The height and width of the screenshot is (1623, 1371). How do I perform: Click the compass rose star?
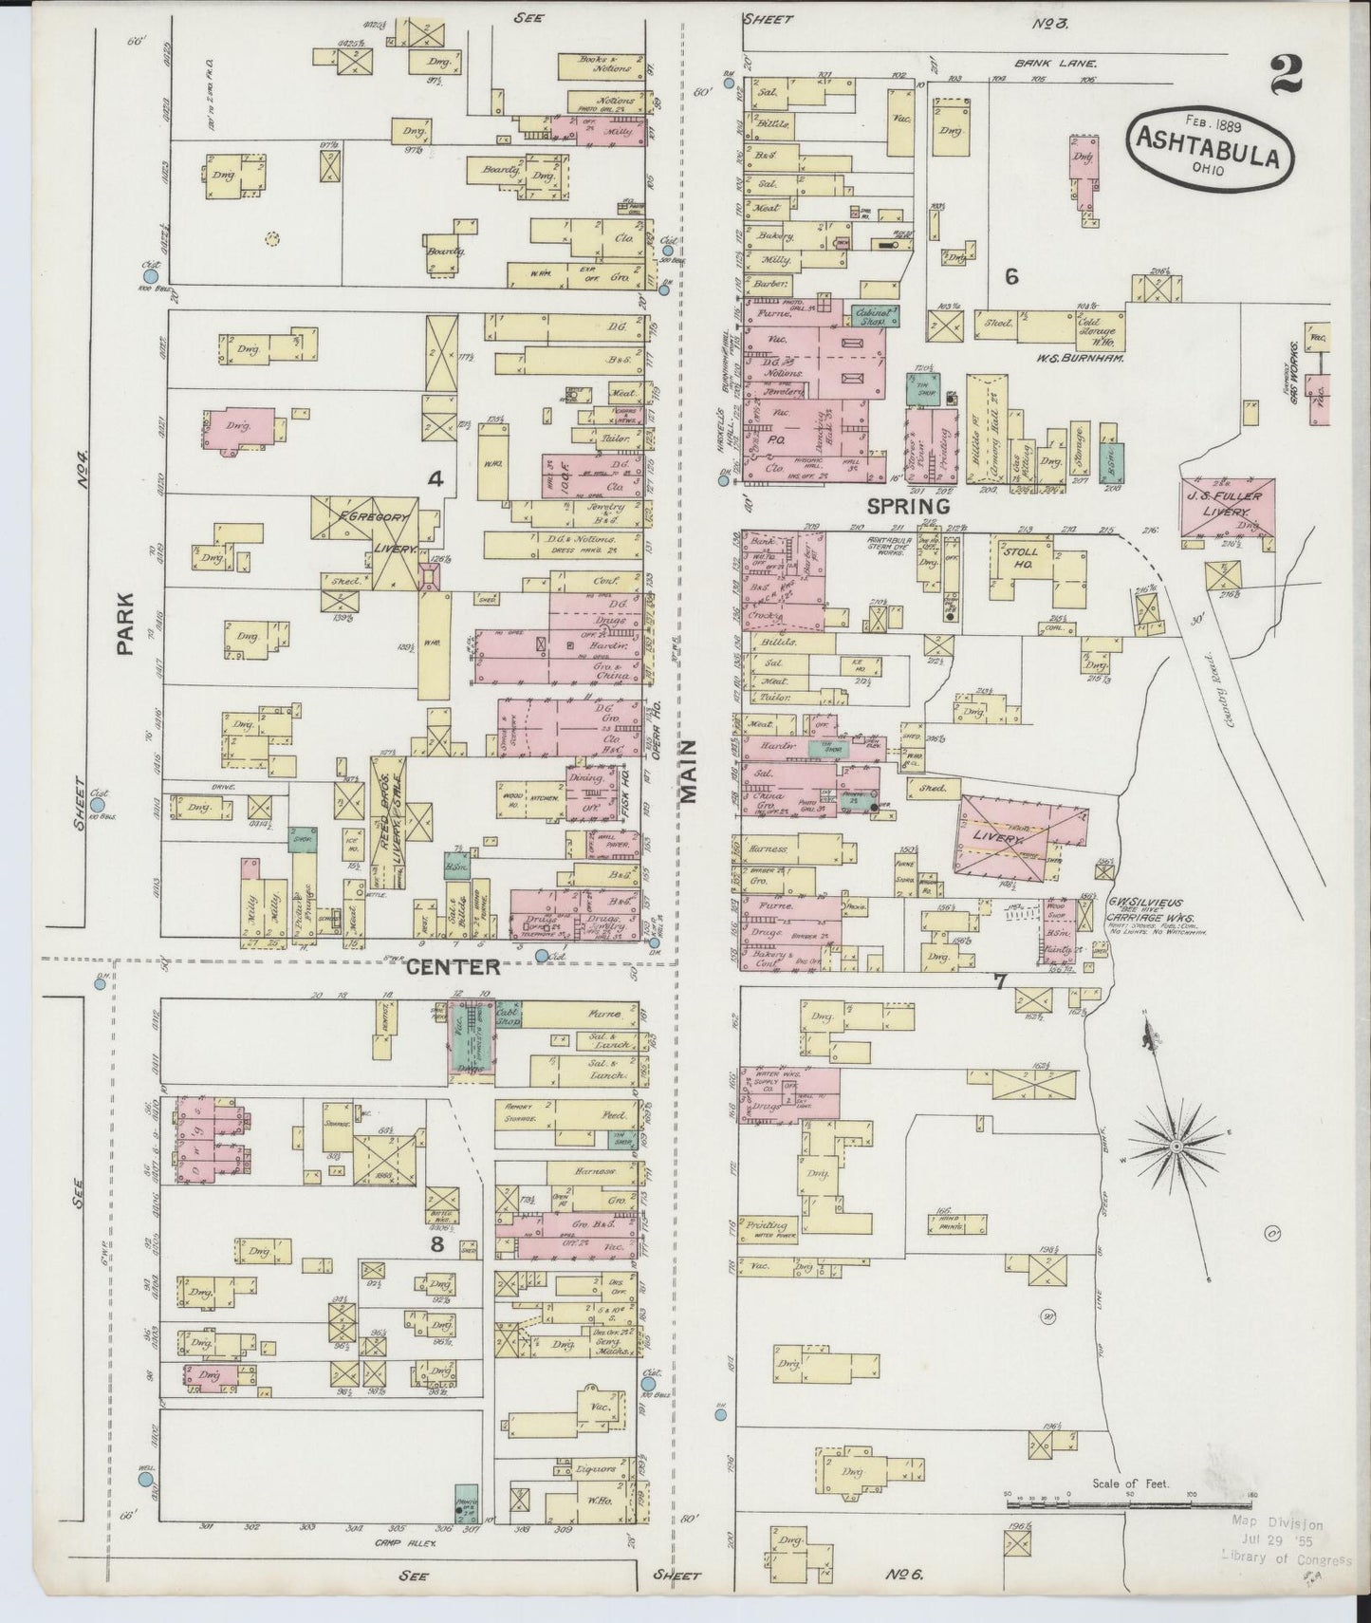[x=1176, y=1147]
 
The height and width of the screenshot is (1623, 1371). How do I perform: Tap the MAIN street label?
[x=689, y=771]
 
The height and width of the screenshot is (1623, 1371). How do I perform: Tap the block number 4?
[x=435, y=480]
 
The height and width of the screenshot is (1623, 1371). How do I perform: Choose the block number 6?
[x=1011, y=276]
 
